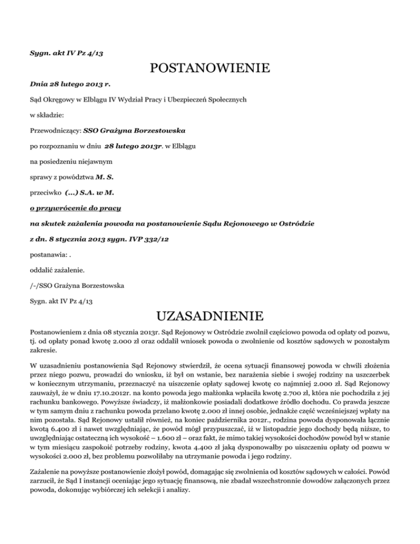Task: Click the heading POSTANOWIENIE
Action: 210,69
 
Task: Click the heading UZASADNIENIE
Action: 210,316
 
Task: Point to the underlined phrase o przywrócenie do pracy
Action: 75,208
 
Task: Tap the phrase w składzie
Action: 48,116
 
